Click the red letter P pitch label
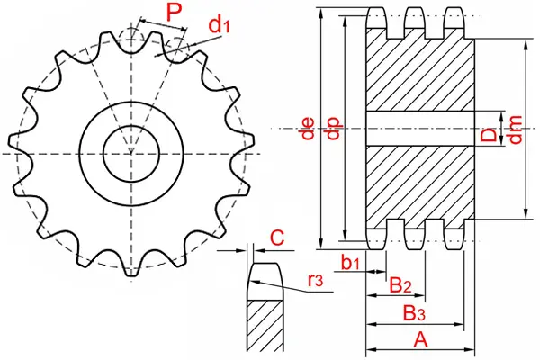pyautogui.click(x=174, y=13)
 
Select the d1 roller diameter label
pyautogui.click(x=220, y=25)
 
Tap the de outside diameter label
pyautogui.click(x=308, y=129)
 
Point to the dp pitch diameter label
pyautogui.click(x=334, y=129)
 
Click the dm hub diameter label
pyautogui.click(x=516, y=130)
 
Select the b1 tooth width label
pyautogui.click(x=350, y=263)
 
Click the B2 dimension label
pyautogui.click(x=400, y=285)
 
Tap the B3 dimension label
pyautogui.click(x=414, y=313)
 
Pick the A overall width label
pyautogui.click(x=420, y=339)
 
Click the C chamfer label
pyautogui.click(x=277, y=238)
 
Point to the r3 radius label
pyautogui.click(x=316, y=281)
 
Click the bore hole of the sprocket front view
pyautogui.click(x=131, y=153)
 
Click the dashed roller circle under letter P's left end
pyautogui.click(x=131, y=39)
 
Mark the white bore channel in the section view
pyautogui.click(x=420, y=129)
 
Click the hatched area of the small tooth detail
pyautogui.click(x=265, y=326)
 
